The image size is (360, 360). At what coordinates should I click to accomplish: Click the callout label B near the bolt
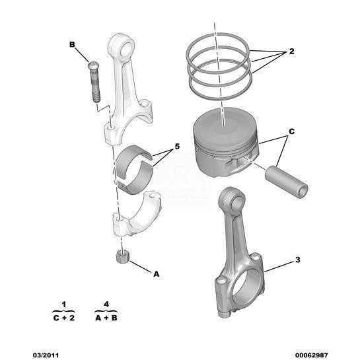pyautogui.click(x=72, y=44)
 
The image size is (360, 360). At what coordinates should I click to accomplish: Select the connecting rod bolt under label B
pyautogui.click(x=94, y=82)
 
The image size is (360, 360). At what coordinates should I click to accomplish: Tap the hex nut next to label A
pyautogui.click(x=123, y=257)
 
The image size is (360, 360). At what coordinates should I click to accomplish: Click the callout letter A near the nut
pyautogui.click(x=156, y=274)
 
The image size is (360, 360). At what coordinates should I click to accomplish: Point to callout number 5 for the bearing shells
pyautogui.click(x=177, y=146)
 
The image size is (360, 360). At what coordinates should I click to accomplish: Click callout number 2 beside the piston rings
pyautogui.click(x=291, y=52)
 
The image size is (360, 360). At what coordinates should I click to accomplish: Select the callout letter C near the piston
pyautogui.click(x=291, y=131)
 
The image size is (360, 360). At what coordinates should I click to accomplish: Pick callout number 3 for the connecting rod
pyautogui.click(x=297, y=260)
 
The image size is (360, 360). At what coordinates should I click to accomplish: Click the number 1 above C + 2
pyautogui.click(x=64, y=305)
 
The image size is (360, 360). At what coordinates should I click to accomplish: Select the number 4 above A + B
pyautogui.click(x=106, y=305)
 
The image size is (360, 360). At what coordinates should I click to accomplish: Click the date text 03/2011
pyautogui.click(x=46, y=355)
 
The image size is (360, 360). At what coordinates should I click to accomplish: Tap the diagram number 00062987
pyautogui.click(x=312, y=355)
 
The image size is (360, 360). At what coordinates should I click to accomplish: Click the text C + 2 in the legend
pyautogui.click(x=64, y=318)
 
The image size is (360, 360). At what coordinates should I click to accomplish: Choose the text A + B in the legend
pyautogui.click(x=106, y=318)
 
